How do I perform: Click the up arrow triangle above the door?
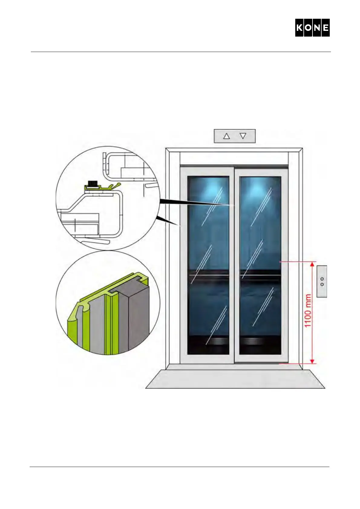226,136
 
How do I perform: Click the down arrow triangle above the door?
243,136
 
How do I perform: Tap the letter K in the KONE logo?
299,28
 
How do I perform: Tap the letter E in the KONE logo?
326,28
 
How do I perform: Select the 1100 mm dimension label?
308,311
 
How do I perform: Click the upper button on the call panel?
322,279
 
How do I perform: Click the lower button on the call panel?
322,284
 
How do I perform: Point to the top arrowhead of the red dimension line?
313,265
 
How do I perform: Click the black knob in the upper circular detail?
92,183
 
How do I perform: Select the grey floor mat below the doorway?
235,379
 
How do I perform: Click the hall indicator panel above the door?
235,136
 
